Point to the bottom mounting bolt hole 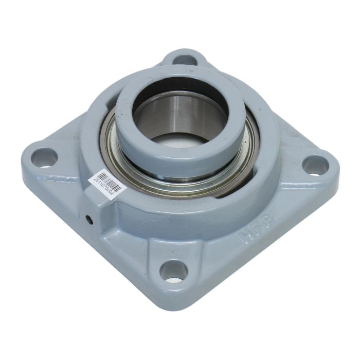point(173,271)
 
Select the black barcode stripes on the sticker point(111,179)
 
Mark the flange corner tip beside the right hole point(337,170)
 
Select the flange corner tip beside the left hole point(26,154)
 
